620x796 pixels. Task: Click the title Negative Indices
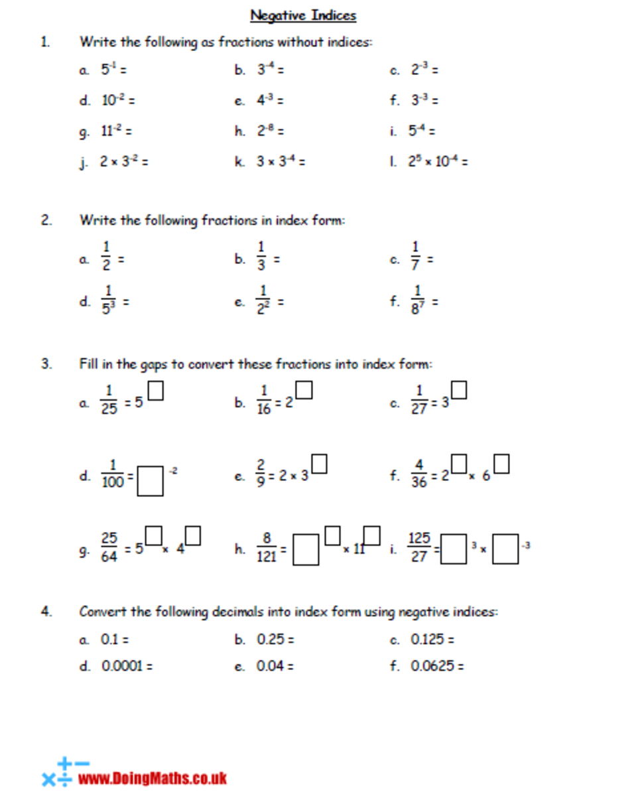(303, 15)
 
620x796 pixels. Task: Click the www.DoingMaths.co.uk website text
(153, 777)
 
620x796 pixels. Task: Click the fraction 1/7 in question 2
(416, 259)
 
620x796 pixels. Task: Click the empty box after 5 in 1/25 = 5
(156, 393)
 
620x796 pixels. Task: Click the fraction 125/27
(419, 547)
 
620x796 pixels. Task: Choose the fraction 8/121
(265, 547)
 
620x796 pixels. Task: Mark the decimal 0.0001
(122, 666)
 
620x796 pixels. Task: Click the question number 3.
(46, 364)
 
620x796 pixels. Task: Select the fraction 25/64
(109, 547)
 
